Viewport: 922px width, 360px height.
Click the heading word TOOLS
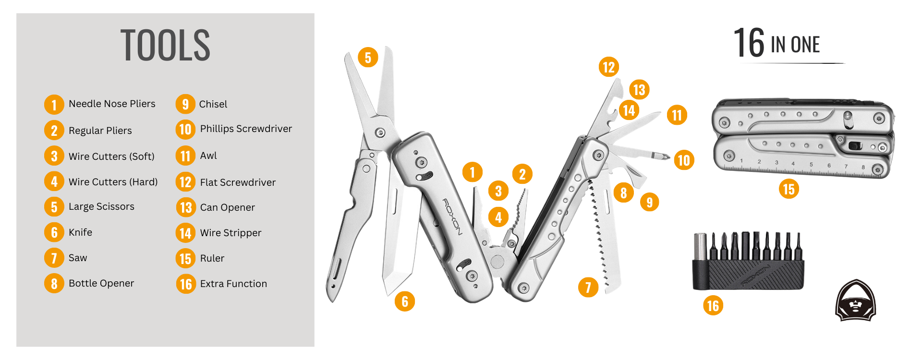click(x=165, y=45)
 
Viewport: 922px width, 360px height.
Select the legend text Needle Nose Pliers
click(x=112, y=104)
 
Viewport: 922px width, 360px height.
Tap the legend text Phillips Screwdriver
click(x=246, y=129)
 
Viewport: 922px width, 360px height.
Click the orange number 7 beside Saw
click(x=54, y=258)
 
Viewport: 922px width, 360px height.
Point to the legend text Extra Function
click(x=233, y=284)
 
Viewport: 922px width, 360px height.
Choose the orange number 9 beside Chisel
click(x=185, y=104)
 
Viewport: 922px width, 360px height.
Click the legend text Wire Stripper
click(x=230, y=233)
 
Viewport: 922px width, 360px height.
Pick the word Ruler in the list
click(x=212, y=258)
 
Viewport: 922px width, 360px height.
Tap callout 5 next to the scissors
click(x=368, y=58)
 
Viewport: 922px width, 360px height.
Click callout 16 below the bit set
click(x=713, y=305)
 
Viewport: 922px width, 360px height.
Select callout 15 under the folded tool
click(x=789, y=189)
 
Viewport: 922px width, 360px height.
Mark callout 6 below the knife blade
click(x=405, y=301)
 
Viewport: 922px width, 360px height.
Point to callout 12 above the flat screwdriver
click(x=608, y=67)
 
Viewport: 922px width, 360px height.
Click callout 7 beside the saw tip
click(x=588, y=288)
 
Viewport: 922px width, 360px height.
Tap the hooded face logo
click(x=856, y=300)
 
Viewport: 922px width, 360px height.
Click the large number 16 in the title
click(x=749, y=43)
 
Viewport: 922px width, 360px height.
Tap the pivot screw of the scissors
click(x=380, y=132)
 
